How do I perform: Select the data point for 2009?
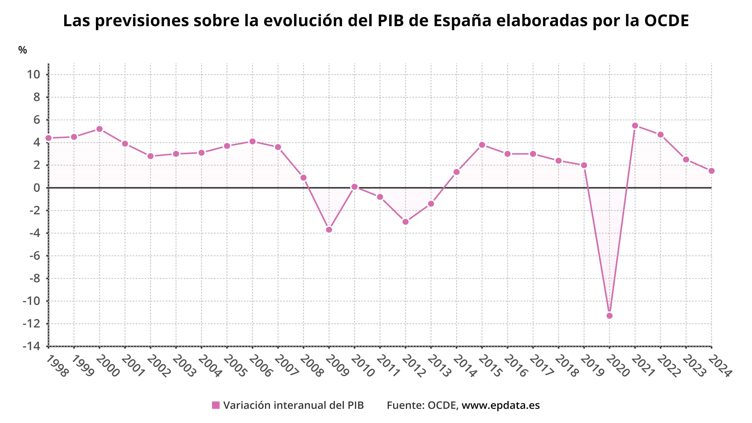click(x=329, y=230)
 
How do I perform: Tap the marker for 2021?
click(x=635, y=126)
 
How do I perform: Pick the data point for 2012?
click(x=406, y=222)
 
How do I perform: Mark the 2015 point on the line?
click(x=482, y=145)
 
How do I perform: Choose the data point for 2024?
click(x=711, y=171)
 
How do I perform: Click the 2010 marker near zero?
click(x=354, y=187)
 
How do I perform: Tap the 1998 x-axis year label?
click(x=57, y=366)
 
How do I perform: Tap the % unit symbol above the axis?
click(x=23, y=50)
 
